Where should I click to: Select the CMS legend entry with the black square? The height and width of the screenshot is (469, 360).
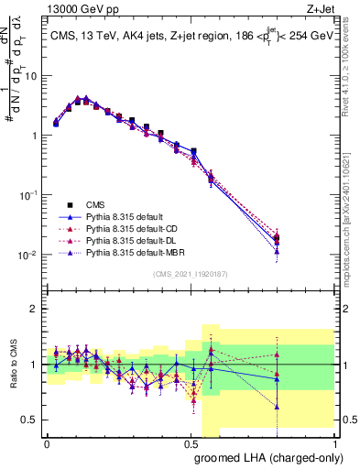(111, 204)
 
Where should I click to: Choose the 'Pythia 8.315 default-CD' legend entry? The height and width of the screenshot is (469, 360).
(137, 228)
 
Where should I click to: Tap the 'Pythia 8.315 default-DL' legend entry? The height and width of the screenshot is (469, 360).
(137, 240)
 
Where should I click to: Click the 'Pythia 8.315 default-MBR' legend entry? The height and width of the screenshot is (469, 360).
(140, 252)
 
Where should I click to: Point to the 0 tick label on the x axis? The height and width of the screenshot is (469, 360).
(47, 442)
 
